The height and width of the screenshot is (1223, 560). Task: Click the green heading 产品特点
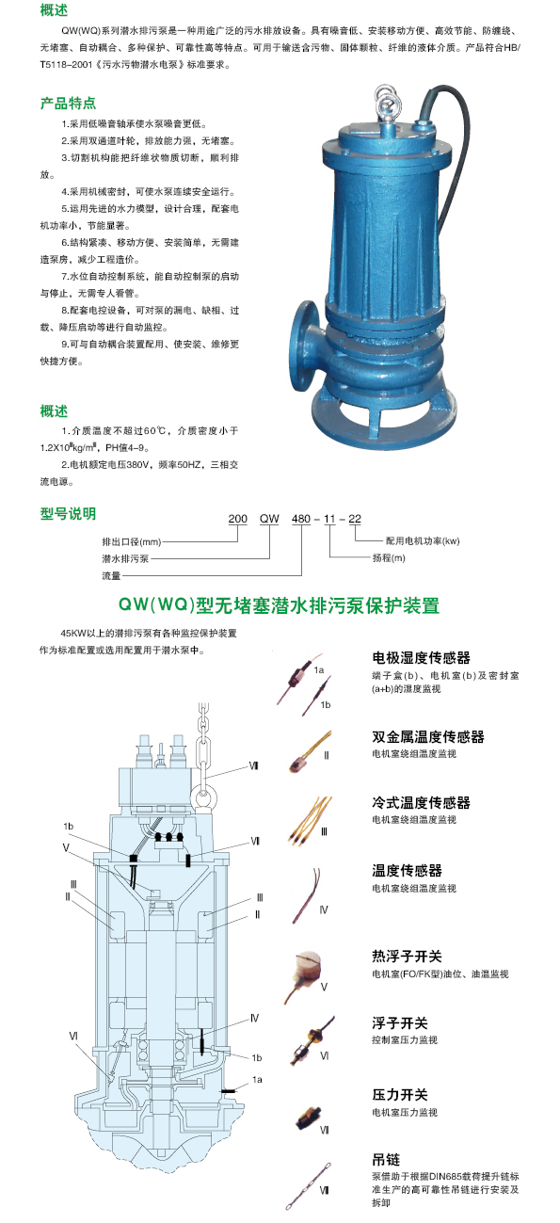(x=68, y=103)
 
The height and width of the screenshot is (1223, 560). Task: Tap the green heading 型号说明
(x=68, y=513)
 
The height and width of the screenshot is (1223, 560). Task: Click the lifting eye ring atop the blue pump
(x=387, y=101)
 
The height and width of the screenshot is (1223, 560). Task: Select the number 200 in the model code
(x=237, y=519)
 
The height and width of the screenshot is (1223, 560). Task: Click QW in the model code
(x=269, y=519)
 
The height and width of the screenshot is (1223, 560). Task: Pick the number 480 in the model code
(x=301, y=519)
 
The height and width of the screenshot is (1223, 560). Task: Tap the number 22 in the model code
(x=355, y=519)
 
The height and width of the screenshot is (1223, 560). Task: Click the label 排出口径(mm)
(x=132, y=541)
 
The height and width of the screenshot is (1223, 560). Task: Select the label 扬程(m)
(x=389, y=558)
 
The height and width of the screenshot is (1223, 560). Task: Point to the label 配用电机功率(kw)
(x=423, y=541)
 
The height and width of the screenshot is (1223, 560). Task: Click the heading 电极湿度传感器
(x=421, y=657)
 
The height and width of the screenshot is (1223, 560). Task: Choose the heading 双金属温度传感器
(x=428, y=736)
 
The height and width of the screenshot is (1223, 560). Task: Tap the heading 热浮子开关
(x=407, y=956)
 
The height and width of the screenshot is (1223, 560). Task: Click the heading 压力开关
(x=400, y=1095)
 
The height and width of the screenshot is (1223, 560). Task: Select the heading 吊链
(x=386, y=1159)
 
